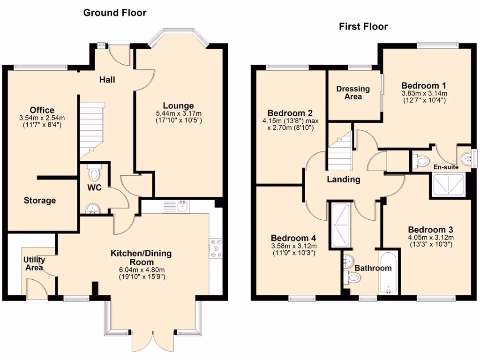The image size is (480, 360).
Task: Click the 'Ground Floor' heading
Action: click(115, 13)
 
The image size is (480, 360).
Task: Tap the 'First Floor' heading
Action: click(363, 27)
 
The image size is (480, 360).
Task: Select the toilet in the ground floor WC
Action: click(94, 173)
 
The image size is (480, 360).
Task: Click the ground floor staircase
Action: click(91, 131)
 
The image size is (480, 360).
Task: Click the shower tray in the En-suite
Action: click(449, 185)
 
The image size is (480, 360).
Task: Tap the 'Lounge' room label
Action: click(178, 105)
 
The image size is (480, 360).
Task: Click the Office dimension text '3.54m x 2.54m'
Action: click(42, 118)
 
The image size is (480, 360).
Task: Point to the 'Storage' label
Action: click(40, 201)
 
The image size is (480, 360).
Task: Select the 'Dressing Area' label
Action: click(353, 92)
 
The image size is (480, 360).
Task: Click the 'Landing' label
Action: click(344, 179)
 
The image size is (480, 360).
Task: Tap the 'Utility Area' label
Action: click(34, 263)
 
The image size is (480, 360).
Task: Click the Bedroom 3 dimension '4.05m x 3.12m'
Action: click(430, 238)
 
